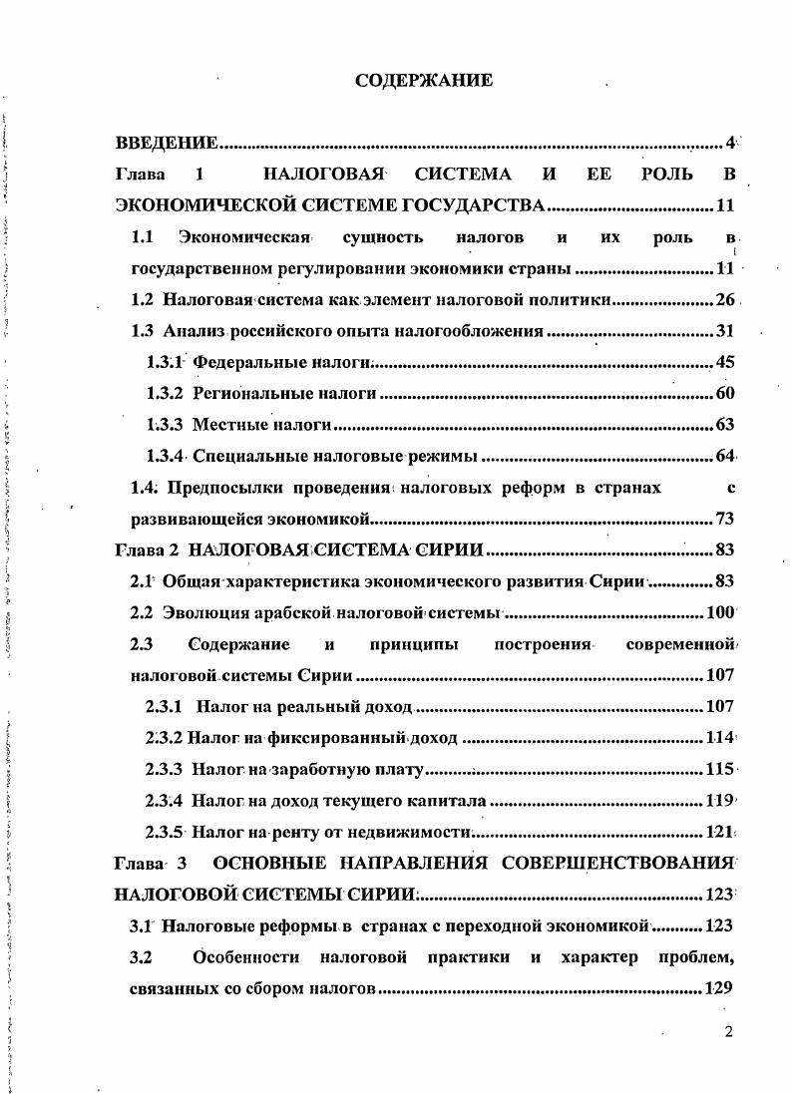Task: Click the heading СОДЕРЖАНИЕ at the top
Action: pos(424,81)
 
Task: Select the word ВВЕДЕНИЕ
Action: pos(167,143)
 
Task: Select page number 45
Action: pos(725,362)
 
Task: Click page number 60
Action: pos(725,394)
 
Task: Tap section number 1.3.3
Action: pos(164,426)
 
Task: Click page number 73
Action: pos(725,519)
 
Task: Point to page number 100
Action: pos(720,612)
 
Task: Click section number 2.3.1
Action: pos(164,706)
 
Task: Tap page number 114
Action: pos(720,738)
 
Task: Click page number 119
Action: pos(720,800)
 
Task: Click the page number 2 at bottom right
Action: pos(729,1031)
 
